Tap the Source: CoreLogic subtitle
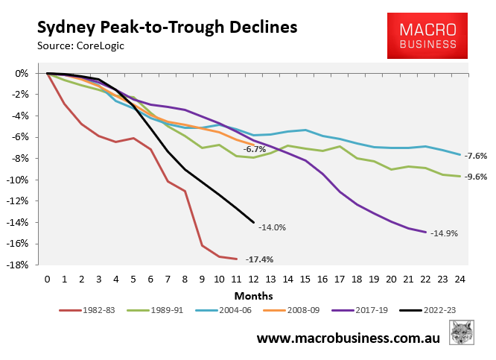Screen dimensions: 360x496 tap(80, 46)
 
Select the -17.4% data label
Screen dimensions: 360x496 tap(259, 259)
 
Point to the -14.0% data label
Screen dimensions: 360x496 tap(273, 227)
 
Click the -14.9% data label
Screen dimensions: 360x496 tap(443, 233)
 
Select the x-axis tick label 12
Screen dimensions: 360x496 tap(254, 279)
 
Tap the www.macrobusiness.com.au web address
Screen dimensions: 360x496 tap(349, 338)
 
